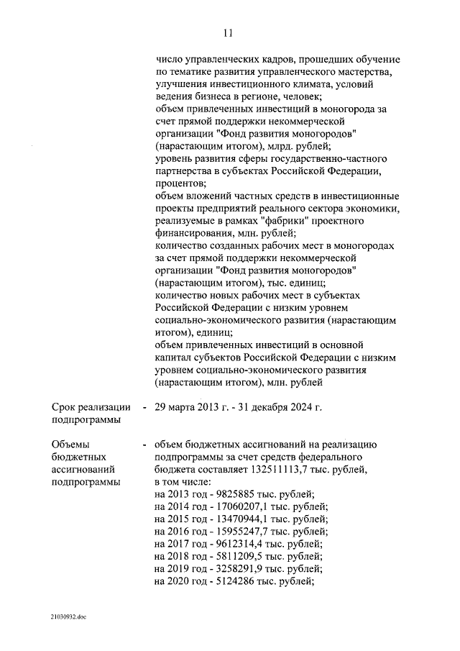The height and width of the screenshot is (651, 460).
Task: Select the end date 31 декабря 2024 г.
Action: (282, 408)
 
